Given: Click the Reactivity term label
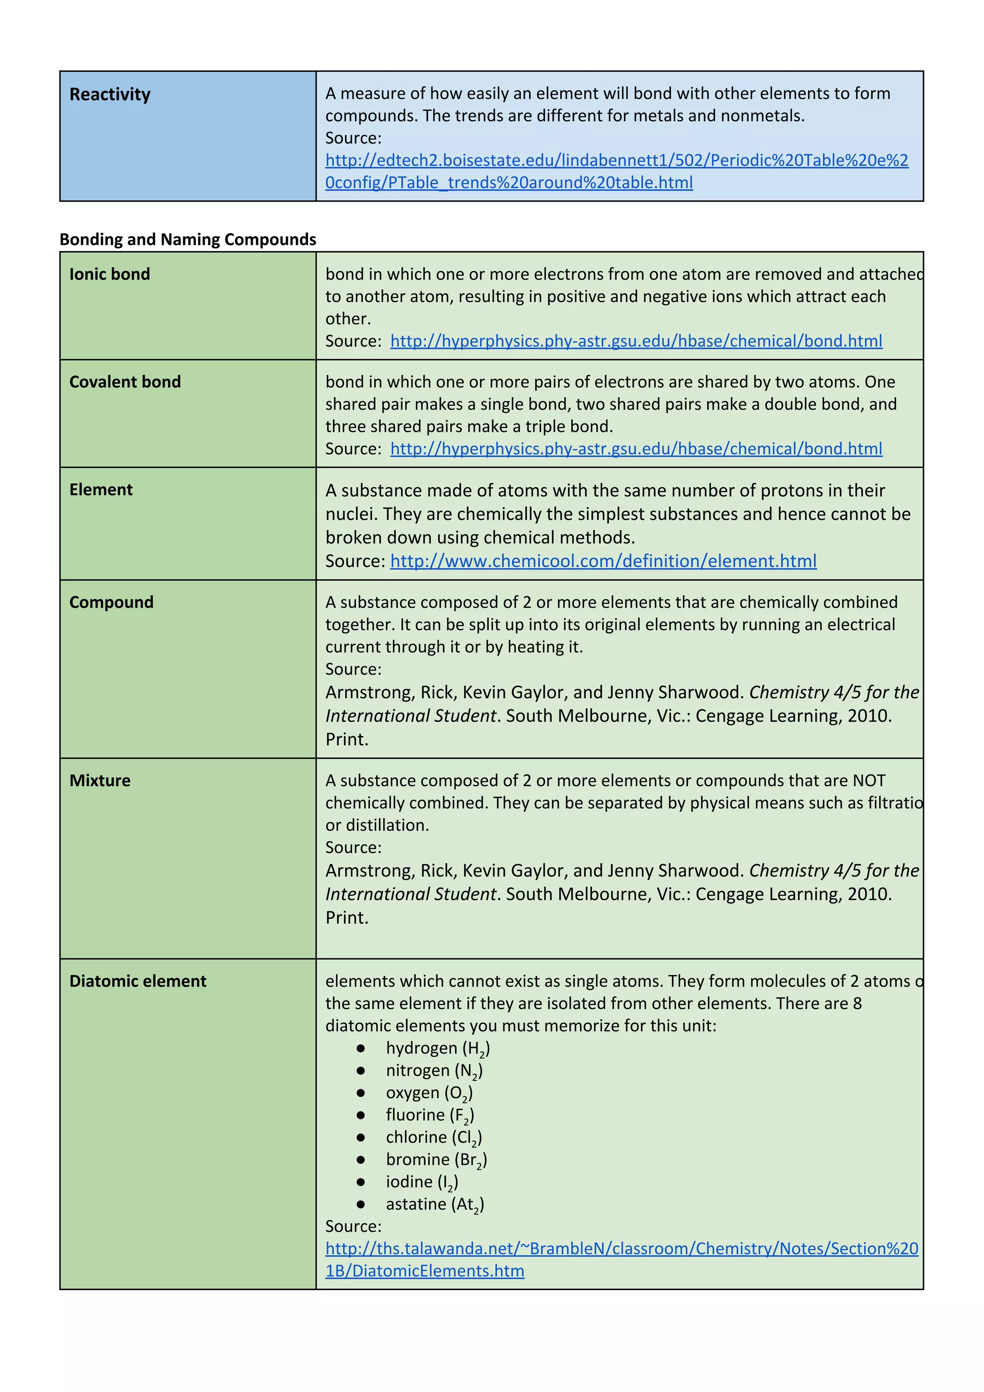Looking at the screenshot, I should pos(110,95).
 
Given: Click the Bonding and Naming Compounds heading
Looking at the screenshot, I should pos(188,239).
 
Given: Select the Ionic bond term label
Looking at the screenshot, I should pos(110,274).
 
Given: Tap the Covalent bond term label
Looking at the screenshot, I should pos(125,382).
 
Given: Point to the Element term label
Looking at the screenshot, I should pos(100,490).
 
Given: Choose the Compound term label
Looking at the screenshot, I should pos(111,602).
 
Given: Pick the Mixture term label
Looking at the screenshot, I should pos(100,780).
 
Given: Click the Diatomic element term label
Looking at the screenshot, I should pos(137,981).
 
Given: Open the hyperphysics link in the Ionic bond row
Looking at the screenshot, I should pos(636,341).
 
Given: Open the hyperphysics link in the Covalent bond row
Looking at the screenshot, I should pos(636,449).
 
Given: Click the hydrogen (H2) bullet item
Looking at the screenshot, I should pos(438,1048).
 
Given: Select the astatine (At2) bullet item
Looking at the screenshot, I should pos(434,1204).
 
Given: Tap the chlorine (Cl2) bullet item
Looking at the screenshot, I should pos(433,1137).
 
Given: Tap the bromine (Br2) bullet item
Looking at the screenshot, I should pos(436,1160).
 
